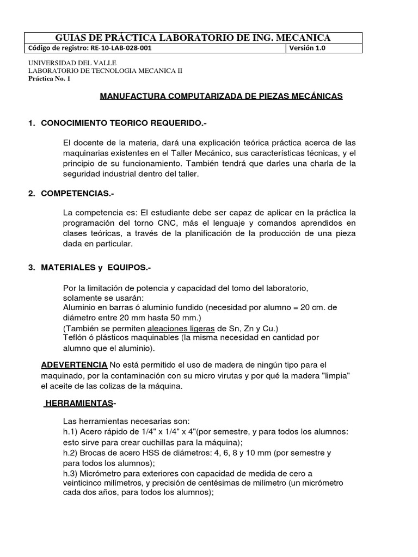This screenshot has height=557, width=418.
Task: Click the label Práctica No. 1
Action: pos(49,78)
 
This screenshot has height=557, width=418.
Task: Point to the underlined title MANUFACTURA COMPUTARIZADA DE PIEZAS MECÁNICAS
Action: pos(222,96)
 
